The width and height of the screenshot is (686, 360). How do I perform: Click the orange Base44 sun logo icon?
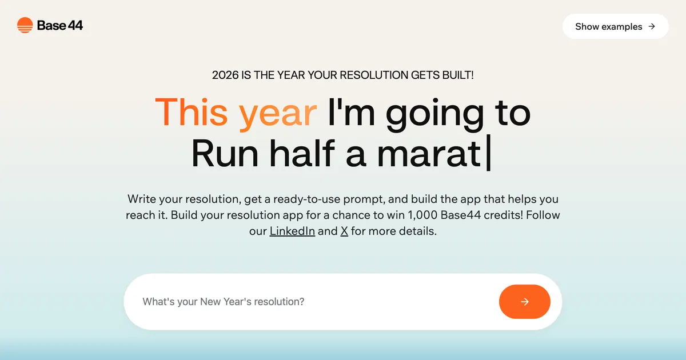25,25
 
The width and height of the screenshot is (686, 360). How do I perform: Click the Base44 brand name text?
60,25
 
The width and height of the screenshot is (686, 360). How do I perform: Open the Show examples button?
608,26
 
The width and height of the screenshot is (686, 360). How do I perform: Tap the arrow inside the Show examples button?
652,26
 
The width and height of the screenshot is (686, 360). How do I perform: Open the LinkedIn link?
292,231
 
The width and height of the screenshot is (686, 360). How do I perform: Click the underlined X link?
344,231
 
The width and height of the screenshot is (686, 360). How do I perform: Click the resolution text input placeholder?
224,302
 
